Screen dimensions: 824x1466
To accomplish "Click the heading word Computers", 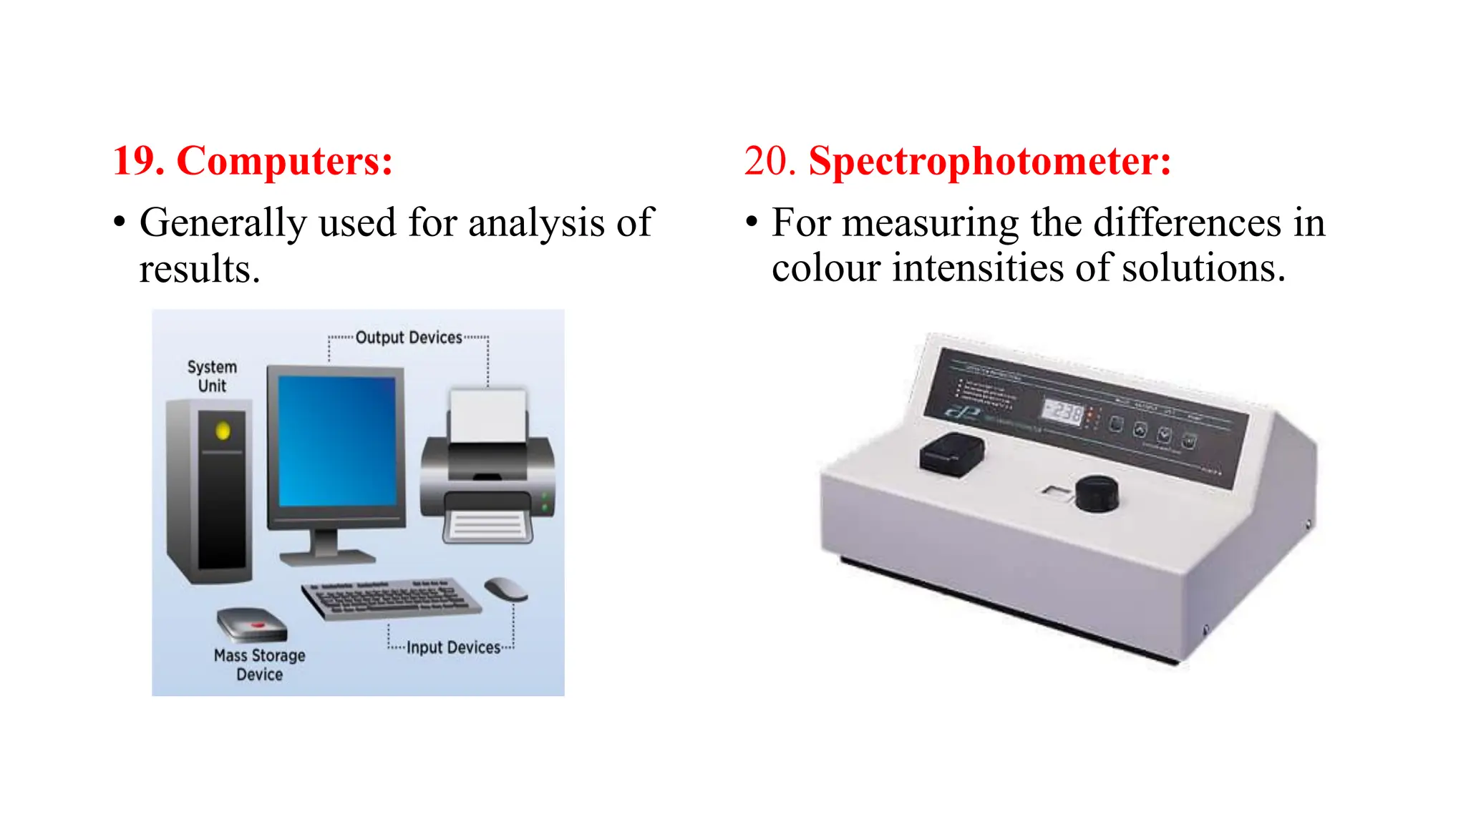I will point(284,161).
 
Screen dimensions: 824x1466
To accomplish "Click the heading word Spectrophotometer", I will point(989,161).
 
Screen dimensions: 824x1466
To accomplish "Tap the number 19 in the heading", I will point(138,161).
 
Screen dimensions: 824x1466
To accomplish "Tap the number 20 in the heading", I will point(770,161).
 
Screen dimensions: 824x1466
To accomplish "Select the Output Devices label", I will point(409,338).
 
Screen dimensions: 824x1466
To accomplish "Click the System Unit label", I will point(212,376).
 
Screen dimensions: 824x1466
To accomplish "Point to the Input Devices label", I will point(453,647).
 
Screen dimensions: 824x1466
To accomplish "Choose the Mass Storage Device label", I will point(259,664).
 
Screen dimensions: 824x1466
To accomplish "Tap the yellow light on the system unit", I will point(223,431).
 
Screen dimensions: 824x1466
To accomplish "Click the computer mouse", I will point(505,589).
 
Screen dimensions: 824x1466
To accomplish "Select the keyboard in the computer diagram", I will point(391,598).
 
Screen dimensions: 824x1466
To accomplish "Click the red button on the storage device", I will point(256,626).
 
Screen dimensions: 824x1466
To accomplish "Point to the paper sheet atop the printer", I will point(488,416).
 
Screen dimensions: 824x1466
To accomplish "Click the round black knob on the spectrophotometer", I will point(1097,493).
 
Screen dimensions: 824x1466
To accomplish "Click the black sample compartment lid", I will point(952,453).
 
